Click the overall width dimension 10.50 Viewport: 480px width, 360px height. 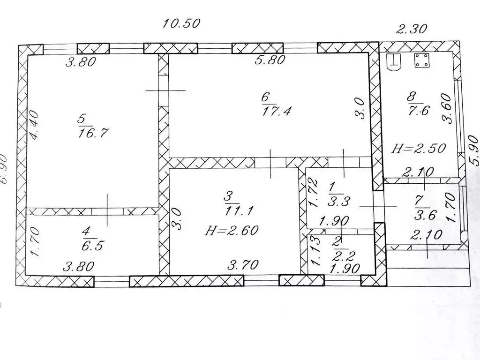(181, 23)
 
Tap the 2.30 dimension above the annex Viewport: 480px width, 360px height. (412, 29)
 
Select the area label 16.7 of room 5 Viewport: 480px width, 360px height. (93, 133)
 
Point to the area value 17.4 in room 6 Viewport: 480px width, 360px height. (276, 111)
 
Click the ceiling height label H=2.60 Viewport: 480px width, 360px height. (232, 230)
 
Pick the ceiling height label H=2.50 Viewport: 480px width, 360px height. (419, 149)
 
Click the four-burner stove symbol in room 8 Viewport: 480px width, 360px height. (422, 60)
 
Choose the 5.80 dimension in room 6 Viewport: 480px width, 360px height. (270, 60)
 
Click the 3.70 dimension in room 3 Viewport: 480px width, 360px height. (243, 265)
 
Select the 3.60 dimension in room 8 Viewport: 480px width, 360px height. (446, 108)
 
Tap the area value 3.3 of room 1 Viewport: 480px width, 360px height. (339, 202)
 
